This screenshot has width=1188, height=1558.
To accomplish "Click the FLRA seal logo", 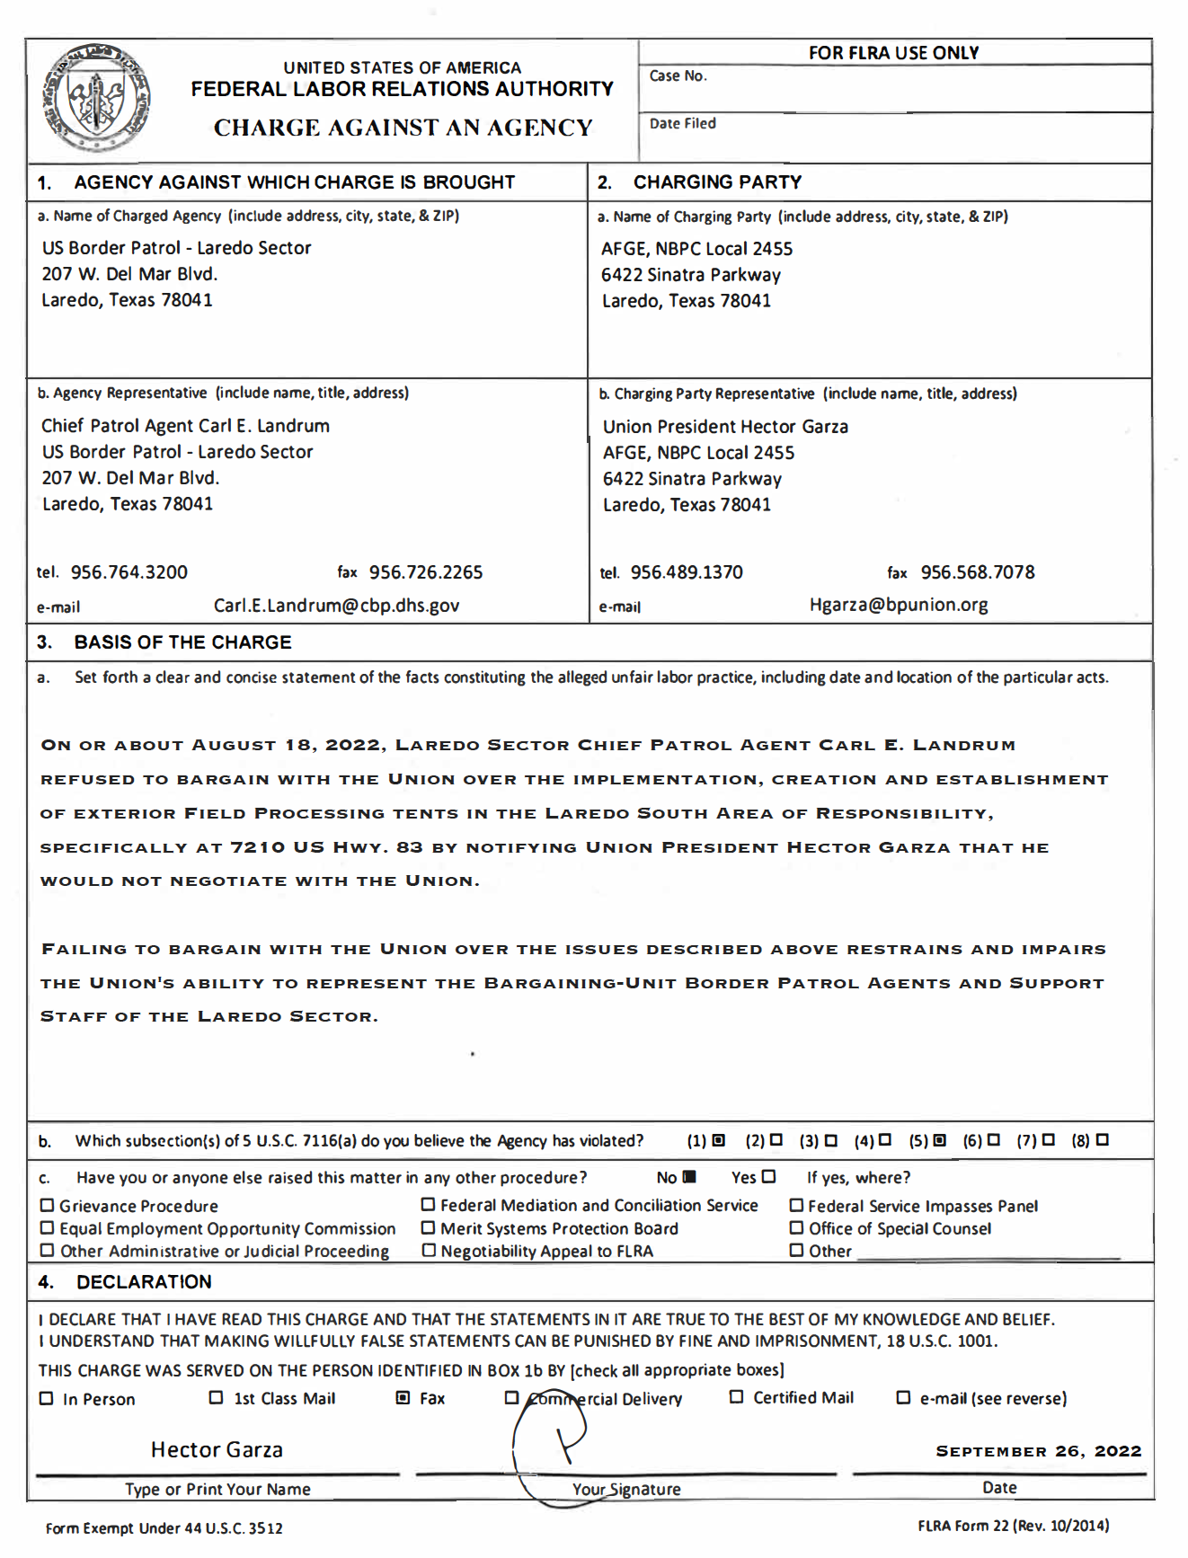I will point(97,98).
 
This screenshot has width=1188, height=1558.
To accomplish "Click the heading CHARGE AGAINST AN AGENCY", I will point(403,128).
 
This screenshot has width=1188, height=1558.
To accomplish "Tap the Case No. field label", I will point(678,76).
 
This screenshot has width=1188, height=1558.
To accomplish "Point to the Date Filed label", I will point(682,124).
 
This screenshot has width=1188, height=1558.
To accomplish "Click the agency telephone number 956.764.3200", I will point(129,572).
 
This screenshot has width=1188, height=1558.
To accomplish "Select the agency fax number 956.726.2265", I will point(426,572).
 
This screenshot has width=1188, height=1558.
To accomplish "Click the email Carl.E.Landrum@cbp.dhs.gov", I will point(336,606).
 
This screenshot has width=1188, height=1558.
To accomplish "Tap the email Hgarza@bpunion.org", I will point(899,605).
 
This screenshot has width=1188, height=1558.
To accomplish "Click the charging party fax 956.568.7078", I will point(978,572).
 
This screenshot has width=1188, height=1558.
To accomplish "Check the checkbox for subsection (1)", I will point(718,1140).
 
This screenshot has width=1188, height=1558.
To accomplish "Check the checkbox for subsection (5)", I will point(940,1140).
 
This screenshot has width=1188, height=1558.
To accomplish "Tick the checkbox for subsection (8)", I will point(1103,1140).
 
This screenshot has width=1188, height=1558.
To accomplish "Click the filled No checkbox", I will point(689,1177).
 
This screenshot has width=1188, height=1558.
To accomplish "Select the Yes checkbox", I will point(768,1177).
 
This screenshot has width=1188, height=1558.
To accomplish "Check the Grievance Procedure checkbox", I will point(48,1206).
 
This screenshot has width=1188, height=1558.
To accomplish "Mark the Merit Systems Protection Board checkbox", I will point(429,1227).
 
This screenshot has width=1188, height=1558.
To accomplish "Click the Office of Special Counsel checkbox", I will point(796,1227).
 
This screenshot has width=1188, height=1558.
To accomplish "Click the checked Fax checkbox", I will point(403,1398).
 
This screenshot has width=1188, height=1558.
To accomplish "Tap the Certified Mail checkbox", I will point(736,1397).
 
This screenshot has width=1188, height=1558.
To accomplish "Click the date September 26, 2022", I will point(1038,1451).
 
